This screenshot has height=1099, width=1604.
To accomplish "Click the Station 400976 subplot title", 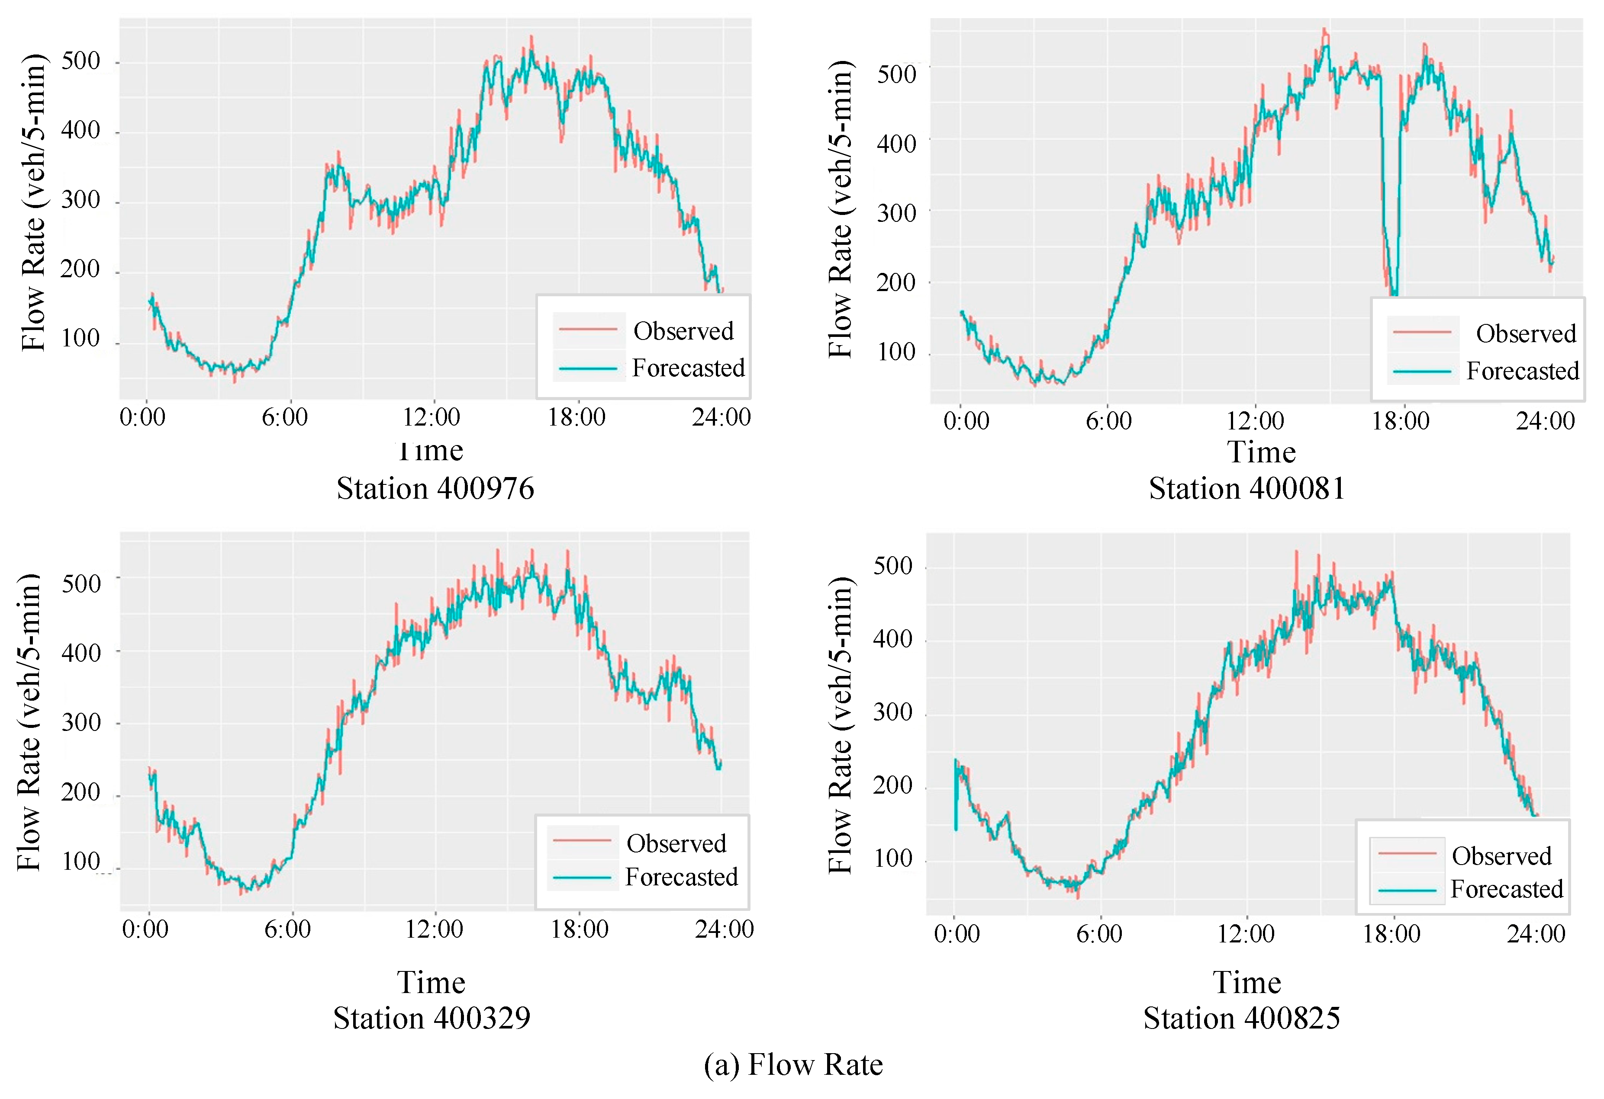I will pyautogui.click(x=435, y=488).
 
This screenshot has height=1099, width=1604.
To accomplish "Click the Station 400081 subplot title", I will pyautogui.click(x=1246, y=488).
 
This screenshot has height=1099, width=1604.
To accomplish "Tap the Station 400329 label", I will pyautogui.click(x=432, y=1018).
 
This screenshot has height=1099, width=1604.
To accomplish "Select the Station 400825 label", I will pyautogui.click(x=1241, y=1018).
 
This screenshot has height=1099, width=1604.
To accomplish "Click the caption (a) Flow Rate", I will pyautogui.click(x=793, y=1064).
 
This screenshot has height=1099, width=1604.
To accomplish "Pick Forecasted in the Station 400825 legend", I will pyautogui.click(x=1506, y=889).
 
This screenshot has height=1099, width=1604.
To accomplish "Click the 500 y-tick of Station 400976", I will pyautogui.click(x=81, y=61).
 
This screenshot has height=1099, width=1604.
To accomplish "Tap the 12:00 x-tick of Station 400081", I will pyautogui.click(x=1254, y=421).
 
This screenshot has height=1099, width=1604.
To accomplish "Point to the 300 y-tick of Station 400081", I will pyautogui.click(x=896, y=213).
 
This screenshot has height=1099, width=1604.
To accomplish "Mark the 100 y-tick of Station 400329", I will pyautogui.click(x=81, y=862).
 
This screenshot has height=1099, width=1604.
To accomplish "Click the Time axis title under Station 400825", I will pyautogui.click(x=1246, y=982).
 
